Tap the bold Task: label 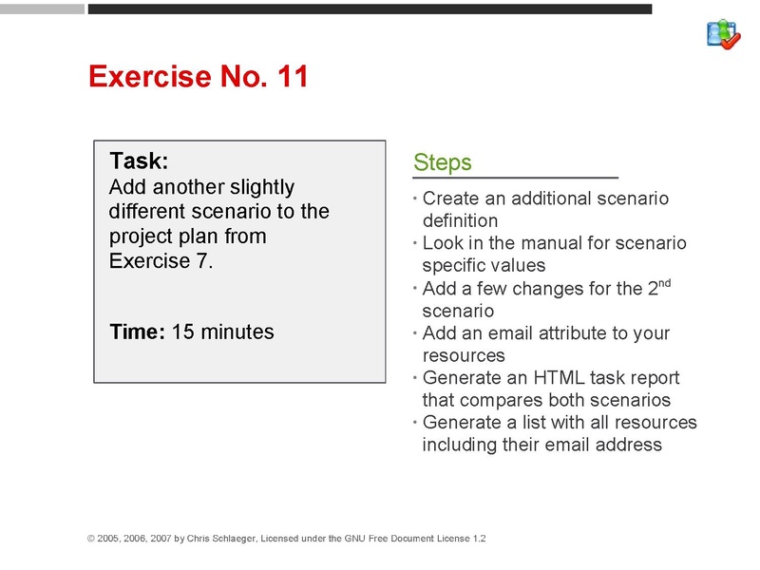point(139,161)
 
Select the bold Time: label point(138,332)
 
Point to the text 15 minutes point(222,332)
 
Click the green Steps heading point(442,162)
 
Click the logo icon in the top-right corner point(723,33)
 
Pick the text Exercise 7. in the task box point(161,261)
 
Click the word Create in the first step point(450,199)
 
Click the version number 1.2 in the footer point(479,539)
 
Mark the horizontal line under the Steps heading point(515,178)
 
